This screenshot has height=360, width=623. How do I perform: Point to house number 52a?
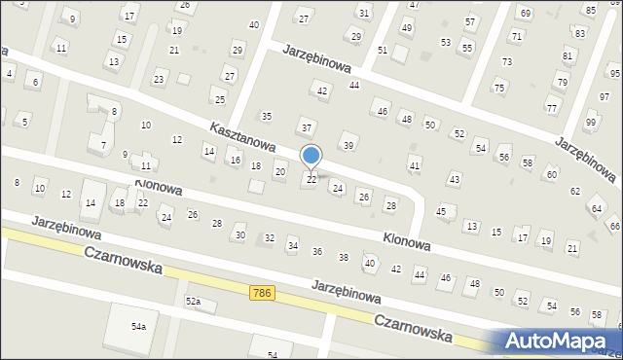pyautogui.click(x=193, y=302)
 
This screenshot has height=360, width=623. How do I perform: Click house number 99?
pyautogui.click(x=590, y=122)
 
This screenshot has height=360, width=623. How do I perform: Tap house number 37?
pyautogui.click(x=307, y=127)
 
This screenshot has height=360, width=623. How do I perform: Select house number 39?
pyautogui.click(x=348, y=145)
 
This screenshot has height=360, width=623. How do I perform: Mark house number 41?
pyautogui.click(x=415, y=166)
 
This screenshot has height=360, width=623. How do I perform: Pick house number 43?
pyautogui.click(x=454, y=179)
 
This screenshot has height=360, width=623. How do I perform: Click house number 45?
pyautogui.click(x=441, y=211)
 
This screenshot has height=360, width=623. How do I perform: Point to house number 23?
pyautogui.click(x=160, y=78)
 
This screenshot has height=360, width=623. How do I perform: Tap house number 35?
pyautogui.click(x=266, y=116)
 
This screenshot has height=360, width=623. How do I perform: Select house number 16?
pyautogui.click(x=235, y=159)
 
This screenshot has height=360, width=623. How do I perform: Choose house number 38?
pyautogui.click(x=343, y=257)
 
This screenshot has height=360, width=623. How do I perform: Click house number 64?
pyautogui.click(x=597, y=209)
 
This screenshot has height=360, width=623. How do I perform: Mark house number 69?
pyautogui.click(x=526, y=13)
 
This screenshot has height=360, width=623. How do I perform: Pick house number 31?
pyautogui.click(x=363, y=13)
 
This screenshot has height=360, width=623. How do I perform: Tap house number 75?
pyautogui.click(x=499, y=89)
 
